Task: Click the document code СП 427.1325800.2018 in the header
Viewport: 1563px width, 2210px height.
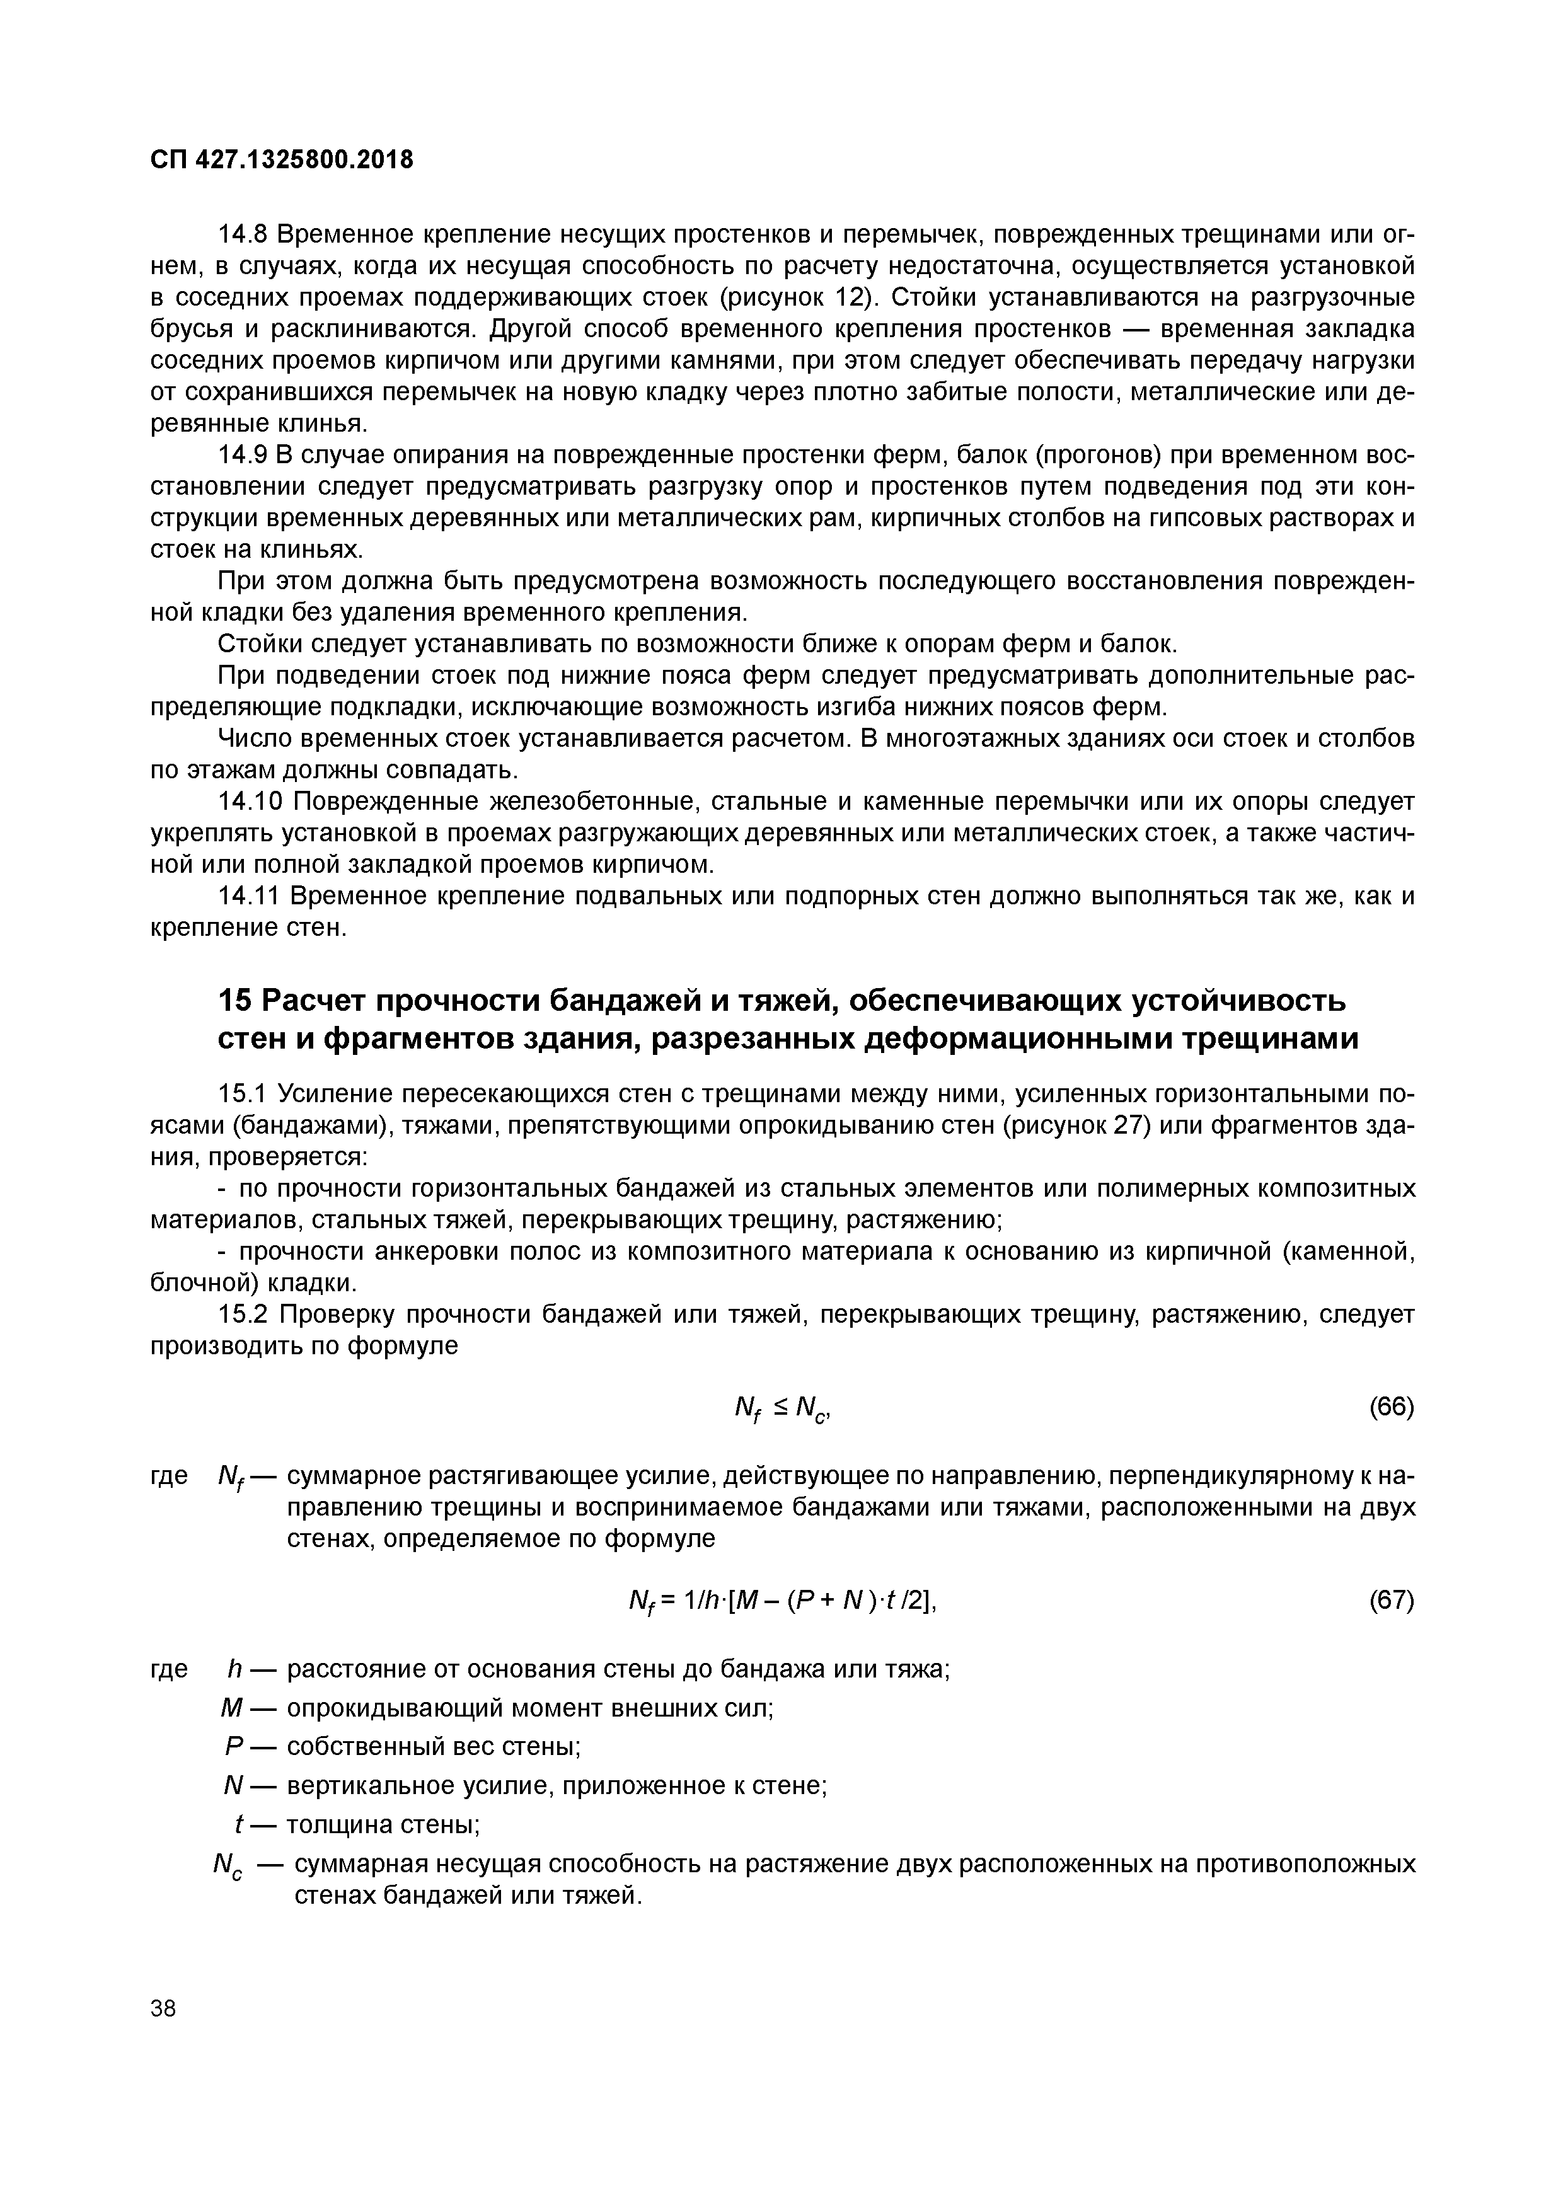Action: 281,160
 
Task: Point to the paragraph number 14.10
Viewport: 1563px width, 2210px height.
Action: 252,802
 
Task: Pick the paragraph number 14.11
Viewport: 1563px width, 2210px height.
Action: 252,896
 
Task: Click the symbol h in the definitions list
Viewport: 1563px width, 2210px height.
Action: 232,1669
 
